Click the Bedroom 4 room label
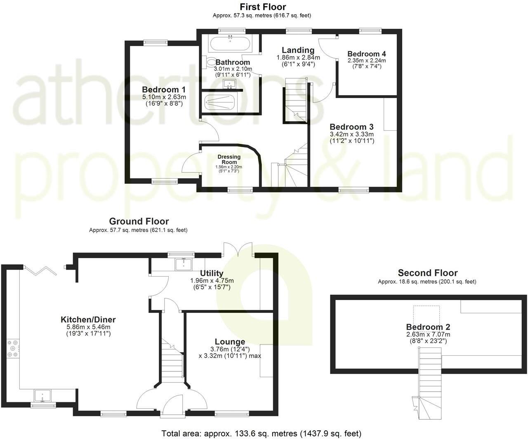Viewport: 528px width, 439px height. (x=366, y=54)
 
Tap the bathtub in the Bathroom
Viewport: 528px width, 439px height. (x=230, y=43)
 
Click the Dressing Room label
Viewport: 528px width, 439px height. (x=229, y=160)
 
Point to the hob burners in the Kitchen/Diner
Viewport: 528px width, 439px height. (x=13, y=347)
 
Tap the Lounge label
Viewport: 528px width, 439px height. (x=230, y=342)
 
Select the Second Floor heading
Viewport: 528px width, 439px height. (x=427, y=273)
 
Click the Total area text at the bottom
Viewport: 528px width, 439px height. (x=261, y=434)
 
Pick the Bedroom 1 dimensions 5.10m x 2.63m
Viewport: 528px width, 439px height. (x=164, y=97)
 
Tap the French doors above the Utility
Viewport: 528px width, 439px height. (x=237, y=249)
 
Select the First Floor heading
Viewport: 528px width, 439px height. (x=263, y=7)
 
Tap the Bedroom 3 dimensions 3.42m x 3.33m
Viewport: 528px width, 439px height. (x=351, y=134)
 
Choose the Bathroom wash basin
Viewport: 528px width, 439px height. (x=228, y=85)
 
